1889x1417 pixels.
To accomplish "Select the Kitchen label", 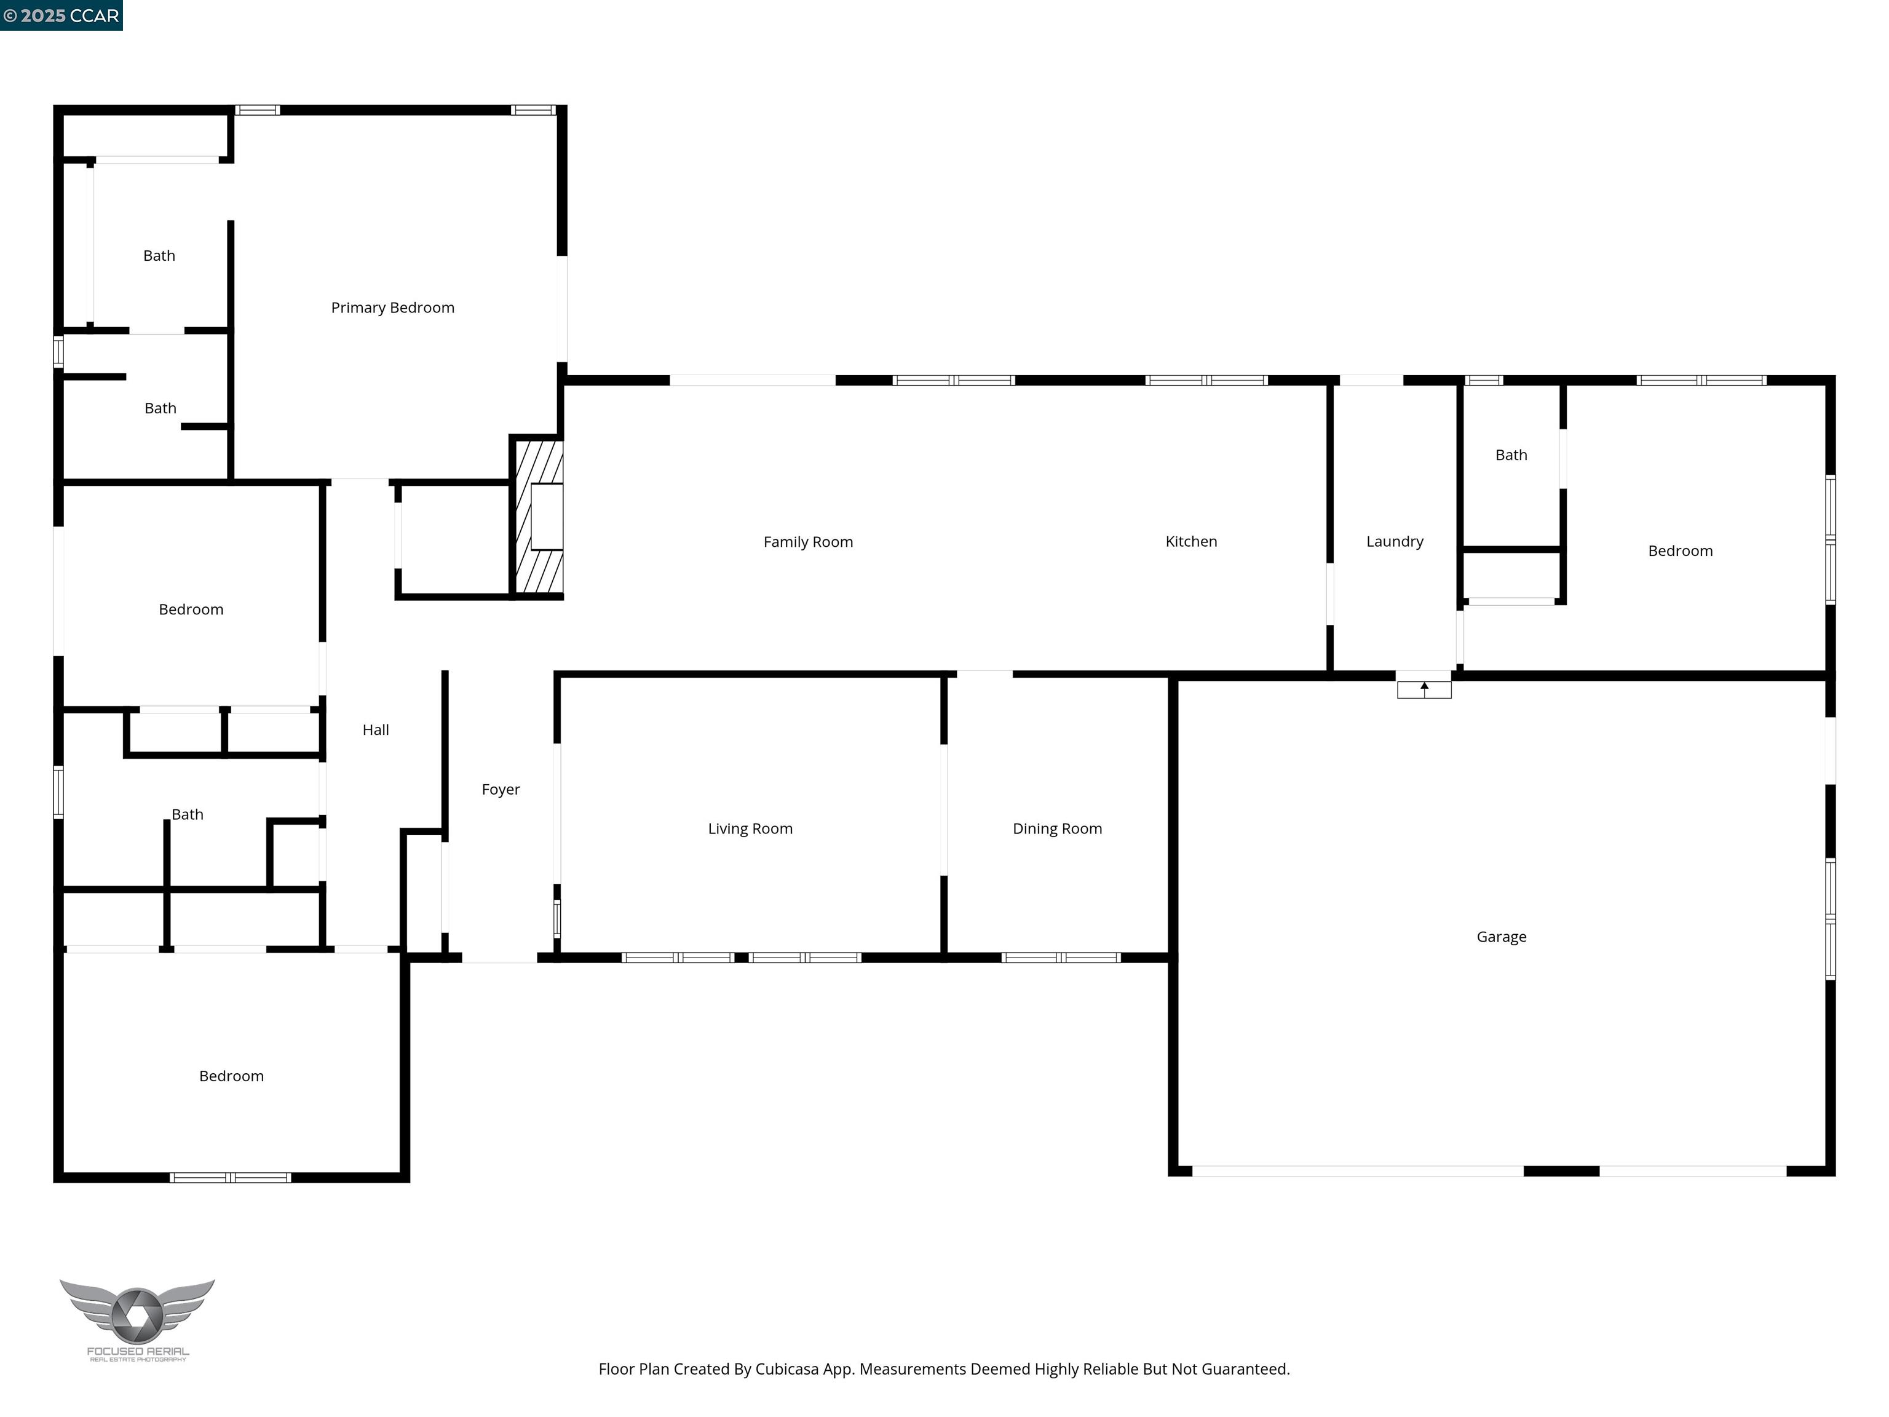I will [1190, 541].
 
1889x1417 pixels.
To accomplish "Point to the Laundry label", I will [1394, 541].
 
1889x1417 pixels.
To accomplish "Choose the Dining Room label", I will [1056, 828].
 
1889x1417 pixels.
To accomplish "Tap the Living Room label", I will [750, 828].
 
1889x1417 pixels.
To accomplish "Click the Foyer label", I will [501, 788].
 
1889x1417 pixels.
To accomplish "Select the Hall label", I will [375, 729].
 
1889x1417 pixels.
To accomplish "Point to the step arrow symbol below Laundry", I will [1424, 688].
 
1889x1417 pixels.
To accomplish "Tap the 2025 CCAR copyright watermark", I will [61, 15].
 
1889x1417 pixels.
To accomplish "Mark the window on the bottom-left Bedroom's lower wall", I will [231, 1177].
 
